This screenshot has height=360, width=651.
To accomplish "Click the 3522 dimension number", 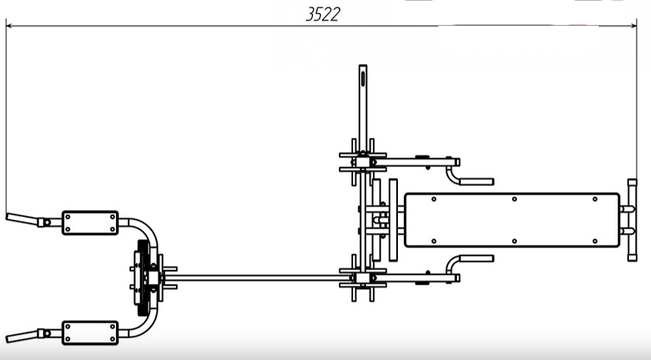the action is (x=323, y=14).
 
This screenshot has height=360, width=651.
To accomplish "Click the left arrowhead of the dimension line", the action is (x=9, y=26).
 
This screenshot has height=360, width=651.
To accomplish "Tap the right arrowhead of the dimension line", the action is (x=634, y=26).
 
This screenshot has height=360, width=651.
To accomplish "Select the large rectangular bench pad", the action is (x=512, y=220).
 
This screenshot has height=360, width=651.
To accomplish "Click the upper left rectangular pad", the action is (x=90, y=223).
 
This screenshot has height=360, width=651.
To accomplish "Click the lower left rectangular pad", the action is (x=90, y=333).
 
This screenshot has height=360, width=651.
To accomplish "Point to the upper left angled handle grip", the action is (x=22, y=219).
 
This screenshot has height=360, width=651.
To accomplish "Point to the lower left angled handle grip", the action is (x=22, y=337).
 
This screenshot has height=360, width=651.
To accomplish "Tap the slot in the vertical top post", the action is (x=363, y=79).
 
